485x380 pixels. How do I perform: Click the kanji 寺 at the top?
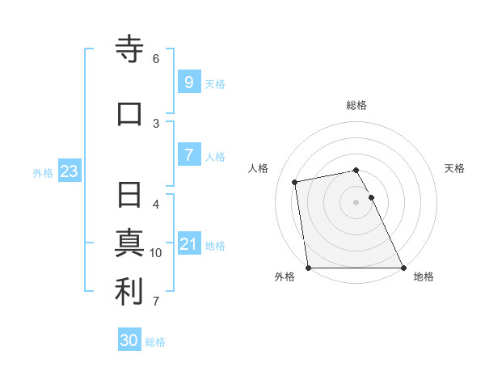point(129,50)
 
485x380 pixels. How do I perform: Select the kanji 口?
point(129,113)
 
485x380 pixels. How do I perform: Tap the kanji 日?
point(129,195)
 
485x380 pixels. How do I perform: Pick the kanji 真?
point(129,243)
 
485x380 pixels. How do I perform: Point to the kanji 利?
point(129,292)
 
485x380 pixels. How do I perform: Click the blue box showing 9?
point(188,82)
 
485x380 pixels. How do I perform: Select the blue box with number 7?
point(188,155)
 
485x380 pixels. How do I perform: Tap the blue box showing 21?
point(188,244)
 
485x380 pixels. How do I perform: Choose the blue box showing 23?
point(69,171)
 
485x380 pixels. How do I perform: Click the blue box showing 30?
point(129,340)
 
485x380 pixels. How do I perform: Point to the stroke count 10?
point(156,253)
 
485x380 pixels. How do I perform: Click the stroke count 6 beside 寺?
point(156,58)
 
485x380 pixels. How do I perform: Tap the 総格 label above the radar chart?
point(356,105)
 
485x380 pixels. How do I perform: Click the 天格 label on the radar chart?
point(454,168)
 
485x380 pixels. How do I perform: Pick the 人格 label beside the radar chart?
point(259,168)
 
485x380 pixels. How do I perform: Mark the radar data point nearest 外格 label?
point(308,267)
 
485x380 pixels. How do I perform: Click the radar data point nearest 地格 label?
point(403,267)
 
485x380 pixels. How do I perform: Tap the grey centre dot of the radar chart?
point(356,201)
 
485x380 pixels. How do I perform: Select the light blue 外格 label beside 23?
point(43,172)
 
